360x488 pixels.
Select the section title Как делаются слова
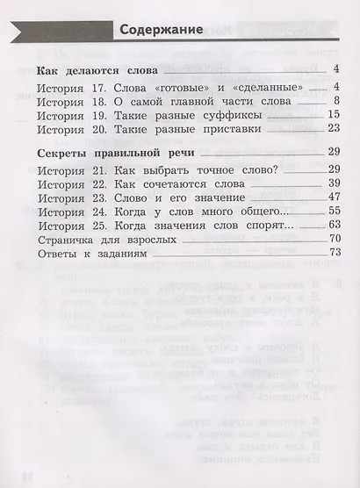point(97,69)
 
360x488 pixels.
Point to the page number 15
point(333,114)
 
